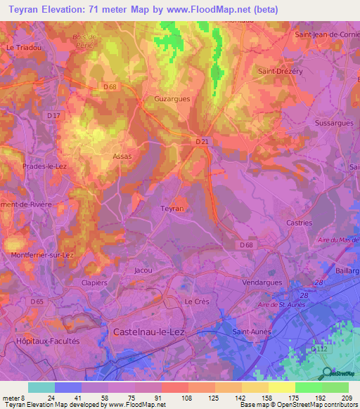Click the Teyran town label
point(172,209)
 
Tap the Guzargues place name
point(172,99)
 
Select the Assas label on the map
point(122,157)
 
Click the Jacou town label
point(143,270)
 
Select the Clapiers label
point(94,283)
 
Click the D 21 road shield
point(202,141)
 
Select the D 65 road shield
point(37,301)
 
